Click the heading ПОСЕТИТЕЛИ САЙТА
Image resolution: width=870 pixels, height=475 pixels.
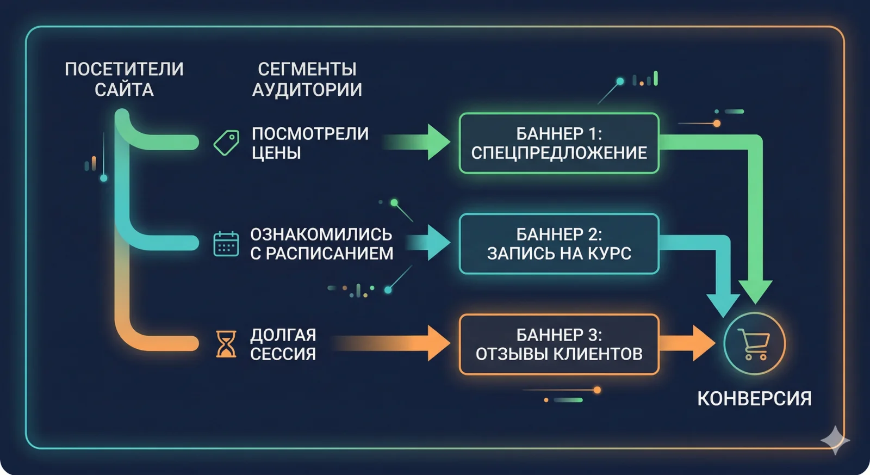[x=124, y=79]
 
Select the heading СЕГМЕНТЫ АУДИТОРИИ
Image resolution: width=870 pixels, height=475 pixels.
[x=307, y=79]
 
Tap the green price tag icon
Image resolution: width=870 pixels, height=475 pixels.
[x=227, y=143]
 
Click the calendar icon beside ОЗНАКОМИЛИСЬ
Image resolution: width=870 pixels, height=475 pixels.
[x=226, y=244]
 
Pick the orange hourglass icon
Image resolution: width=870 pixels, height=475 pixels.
[x=226, y=344]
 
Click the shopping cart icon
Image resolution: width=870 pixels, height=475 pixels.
[x=755, y=344]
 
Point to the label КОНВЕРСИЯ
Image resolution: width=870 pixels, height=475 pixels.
[x=754, y=398]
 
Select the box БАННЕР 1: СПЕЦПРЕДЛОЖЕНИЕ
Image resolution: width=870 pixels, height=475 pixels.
[x=559, y=143]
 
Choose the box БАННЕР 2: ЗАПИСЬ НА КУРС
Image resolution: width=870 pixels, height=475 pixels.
[x=559, y=244]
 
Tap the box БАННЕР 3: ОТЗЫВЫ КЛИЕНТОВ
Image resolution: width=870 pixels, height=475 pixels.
[x=559, y=344]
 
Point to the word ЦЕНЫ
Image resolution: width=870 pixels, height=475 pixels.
[x=276, y=153]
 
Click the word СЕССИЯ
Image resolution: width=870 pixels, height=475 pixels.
[x=283, y=354]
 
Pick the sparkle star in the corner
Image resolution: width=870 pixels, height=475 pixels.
[x=835, y=440]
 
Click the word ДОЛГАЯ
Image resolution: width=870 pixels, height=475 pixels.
[x=283, y=335]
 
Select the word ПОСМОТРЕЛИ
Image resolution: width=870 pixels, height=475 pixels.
[x=310, y=133]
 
